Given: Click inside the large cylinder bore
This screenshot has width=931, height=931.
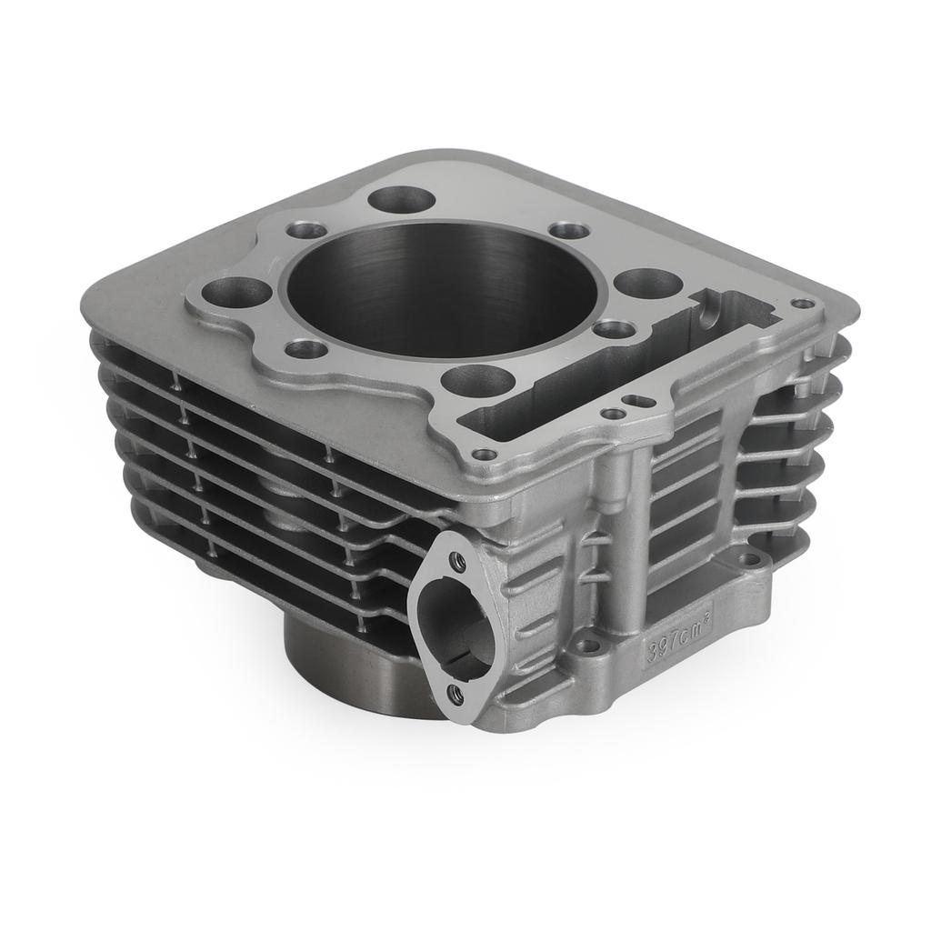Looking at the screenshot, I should (x=443, y=289).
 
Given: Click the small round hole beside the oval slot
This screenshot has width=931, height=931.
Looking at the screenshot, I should (x=614, y=414).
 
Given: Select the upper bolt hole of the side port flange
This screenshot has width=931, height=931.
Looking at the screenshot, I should (x=457, y=561).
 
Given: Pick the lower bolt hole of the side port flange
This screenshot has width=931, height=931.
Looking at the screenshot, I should (x=455, y=695).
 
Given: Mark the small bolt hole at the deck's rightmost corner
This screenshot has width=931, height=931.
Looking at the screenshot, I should (x=803, y=304).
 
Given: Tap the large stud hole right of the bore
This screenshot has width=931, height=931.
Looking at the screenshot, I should (x=648, y=282).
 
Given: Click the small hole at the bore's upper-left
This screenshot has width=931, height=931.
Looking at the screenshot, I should (x=307, y=230).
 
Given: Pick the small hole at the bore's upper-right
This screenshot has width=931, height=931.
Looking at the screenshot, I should (x=570, y=230).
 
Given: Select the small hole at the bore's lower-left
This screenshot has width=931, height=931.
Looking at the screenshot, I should (x=305, y=348).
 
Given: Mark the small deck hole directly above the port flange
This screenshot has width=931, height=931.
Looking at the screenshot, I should (x=486, y=454).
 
